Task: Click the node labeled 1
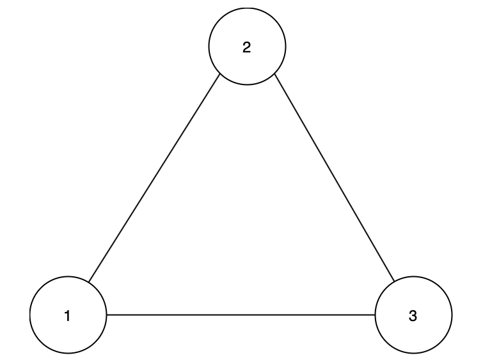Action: point(68,315)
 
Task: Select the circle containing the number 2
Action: point(248,47)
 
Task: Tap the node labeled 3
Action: point(413,315)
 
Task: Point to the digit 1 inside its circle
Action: point(67,316)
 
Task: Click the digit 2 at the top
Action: point(247,47)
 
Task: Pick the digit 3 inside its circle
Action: point(413,316)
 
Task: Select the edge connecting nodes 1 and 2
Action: point(154,178)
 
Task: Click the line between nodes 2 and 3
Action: point(335,178)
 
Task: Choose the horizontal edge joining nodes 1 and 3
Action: point(241,315)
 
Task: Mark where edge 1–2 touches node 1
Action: point(89,282)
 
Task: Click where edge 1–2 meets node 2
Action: point(220,74)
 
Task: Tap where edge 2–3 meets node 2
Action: point(274,74)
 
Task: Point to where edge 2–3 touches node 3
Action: point(394,281)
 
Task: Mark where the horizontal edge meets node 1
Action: point(107,315)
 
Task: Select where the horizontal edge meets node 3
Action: point(375,315)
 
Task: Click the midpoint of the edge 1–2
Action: point(154,178)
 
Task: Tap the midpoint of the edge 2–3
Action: point(335,178)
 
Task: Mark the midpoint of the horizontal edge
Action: point(241,315)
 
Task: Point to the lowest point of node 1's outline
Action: point(68,354)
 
